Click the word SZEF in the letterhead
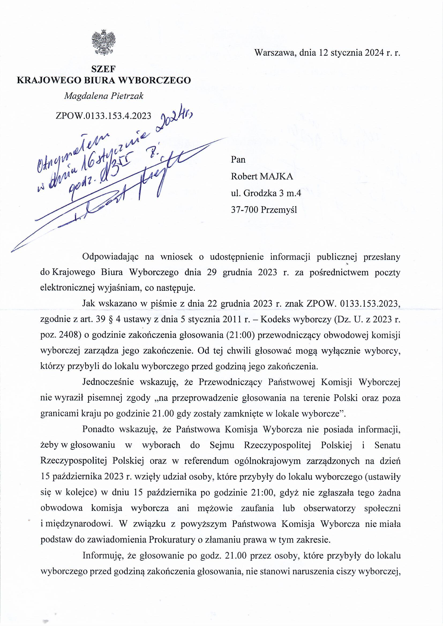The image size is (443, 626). (103, 70)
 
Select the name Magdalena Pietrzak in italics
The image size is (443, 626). (103, 96)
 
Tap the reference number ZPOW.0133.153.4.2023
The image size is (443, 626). (103, 116)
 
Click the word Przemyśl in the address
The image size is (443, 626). (279, 210)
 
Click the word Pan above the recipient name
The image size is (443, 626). (238, 160)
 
